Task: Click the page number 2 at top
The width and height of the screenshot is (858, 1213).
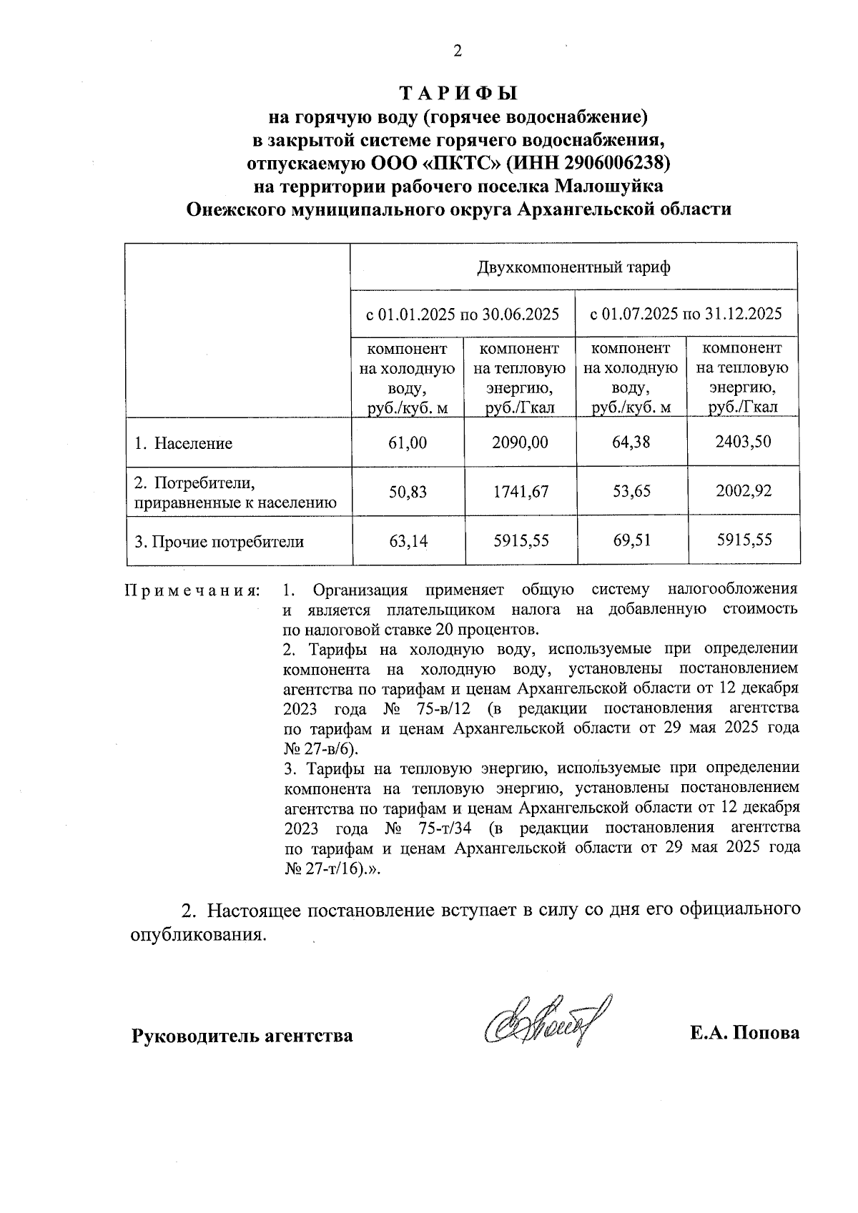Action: click(x=458, y=51)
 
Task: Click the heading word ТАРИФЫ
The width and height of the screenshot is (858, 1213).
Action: click(x=458, y=94)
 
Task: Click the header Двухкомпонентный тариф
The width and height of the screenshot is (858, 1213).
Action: click(x=573, y=268)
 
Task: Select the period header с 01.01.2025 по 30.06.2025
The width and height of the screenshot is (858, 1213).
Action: click(x=463, y=314)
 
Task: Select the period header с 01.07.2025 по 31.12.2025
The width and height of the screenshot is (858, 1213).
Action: click(x=686, y=314)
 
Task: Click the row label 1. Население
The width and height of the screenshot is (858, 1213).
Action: click(x=184, y=443)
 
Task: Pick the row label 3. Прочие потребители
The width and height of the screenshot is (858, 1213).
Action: click(x=220, y=542)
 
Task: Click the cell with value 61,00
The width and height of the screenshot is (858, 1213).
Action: click(x=408, y=442)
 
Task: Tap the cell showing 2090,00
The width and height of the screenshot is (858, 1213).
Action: click(x=520, y=442)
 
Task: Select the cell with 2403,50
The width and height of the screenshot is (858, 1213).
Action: click(x=743, y=441)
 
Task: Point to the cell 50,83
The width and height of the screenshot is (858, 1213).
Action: click(x=408, y=491)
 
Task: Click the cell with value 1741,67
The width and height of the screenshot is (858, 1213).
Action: click(x=520, y=491)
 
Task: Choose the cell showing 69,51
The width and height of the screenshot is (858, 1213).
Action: click(x=631, y=540)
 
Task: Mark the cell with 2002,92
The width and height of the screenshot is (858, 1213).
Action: click(x=744, y=490)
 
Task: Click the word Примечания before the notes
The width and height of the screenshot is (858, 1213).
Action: click(x=192, y=591)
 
